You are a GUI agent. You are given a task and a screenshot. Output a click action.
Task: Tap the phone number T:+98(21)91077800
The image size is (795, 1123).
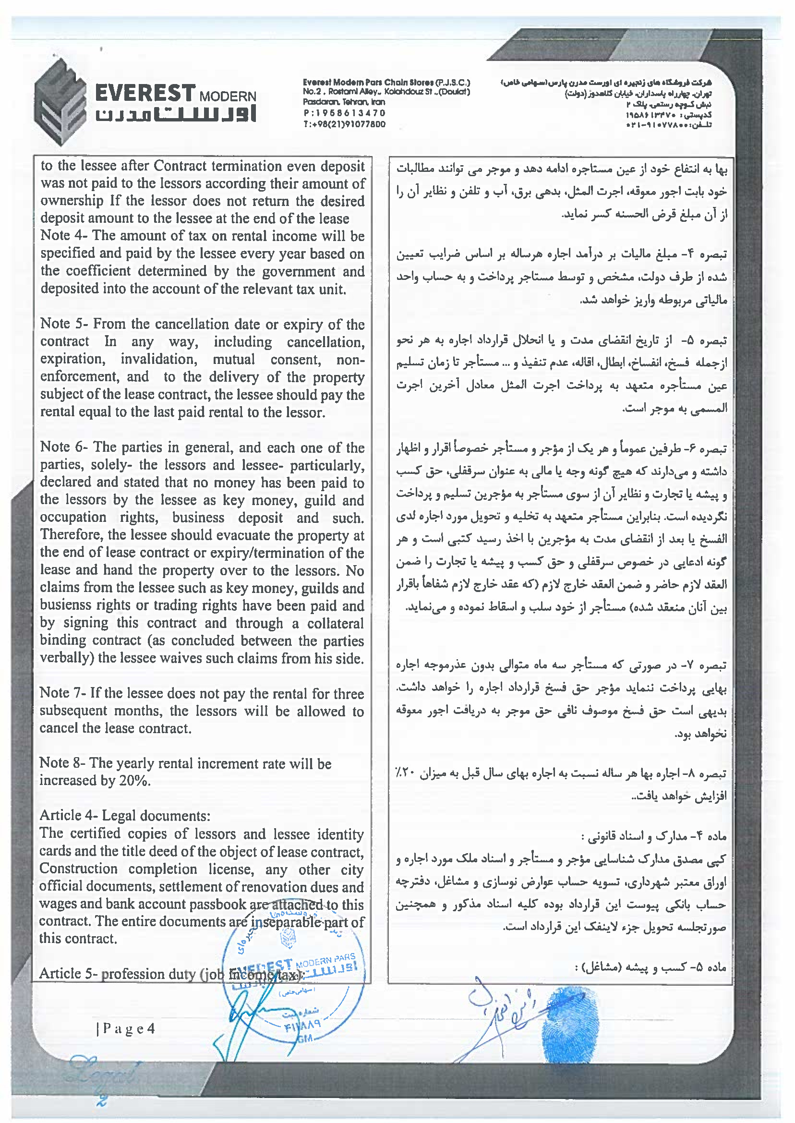point(344,124)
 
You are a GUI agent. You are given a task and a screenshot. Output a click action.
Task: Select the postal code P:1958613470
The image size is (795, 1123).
point(344,113)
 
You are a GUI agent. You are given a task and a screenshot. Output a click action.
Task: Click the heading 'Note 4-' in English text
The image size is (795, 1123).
point(64,235)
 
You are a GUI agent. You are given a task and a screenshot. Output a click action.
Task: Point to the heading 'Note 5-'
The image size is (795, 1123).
point(64,324)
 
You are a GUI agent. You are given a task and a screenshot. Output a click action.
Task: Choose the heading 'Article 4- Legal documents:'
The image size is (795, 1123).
point(125,816)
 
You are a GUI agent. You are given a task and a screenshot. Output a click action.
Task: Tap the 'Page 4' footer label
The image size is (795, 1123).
point(126,1028)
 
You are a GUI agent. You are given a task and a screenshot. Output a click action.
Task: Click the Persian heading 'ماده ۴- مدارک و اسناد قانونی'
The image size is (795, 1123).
point(653,836)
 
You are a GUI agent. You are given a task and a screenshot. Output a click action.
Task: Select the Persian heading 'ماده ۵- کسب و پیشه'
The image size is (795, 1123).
point(650,967)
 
